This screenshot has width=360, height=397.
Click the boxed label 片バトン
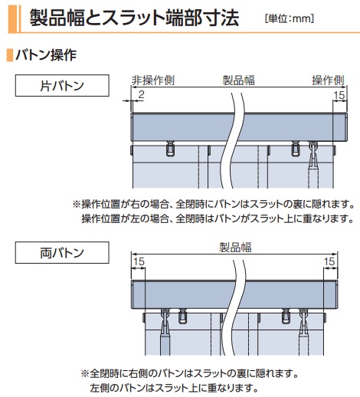tap(62, 86)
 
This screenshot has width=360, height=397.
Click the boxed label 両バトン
tap(62, 253)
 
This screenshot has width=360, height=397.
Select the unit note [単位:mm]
tap(290, 18)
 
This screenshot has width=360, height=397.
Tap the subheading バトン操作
tap(46, 55)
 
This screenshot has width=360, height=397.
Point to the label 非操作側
tap(153, 80)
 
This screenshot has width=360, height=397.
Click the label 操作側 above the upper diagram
tap(328, 80)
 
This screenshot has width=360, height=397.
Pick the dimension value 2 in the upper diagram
tap(141, 95)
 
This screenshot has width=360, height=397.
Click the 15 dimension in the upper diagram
tap(339, 95)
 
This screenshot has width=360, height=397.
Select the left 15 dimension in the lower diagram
tap(139, 261)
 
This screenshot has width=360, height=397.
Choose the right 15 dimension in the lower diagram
tap(329, 261)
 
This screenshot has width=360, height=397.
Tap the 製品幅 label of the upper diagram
tap(239, 80)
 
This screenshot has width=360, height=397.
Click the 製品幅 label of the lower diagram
tap(236, 248)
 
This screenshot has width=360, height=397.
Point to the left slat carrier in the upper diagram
tap(170, 149)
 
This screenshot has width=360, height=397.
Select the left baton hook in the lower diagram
tap(165, 322)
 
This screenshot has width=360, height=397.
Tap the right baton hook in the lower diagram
tap(303, 322)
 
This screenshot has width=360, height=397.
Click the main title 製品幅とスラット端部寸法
tap(135, 18)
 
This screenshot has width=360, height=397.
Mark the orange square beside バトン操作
tap(10, 55)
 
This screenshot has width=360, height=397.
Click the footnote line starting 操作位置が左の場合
tap(218, 218)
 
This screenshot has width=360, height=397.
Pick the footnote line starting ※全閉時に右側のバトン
tap(190, 374)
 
